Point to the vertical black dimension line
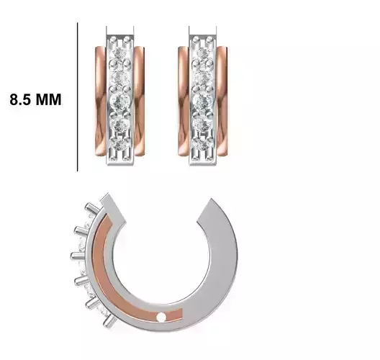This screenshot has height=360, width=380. pos(77,96)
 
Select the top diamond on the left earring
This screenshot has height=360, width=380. pos(120,53)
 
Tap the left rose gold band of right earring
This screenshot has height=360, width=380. pos(184,101)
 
